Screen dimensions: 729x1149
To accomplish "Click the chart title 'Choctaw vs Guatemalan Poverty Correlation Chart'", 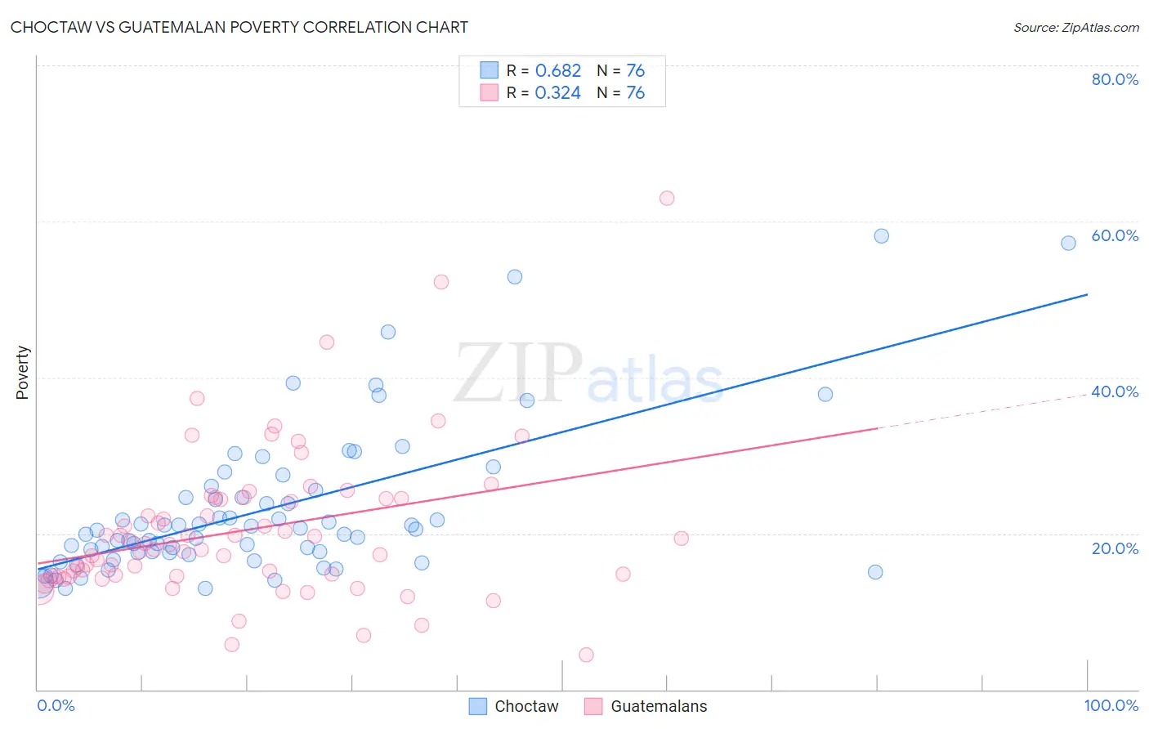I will click(239, 27).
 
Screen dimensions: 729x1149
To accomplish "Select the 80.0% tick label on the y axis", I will click(1115, 79).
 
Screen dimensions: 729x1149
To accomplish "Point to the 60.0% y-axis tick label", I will click(1115, 235).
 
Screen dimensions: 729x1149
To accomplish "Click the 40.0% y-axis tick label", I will click(1115, 391).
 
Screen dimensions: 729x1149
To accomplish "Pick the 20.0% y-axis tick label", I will click(1115, 548).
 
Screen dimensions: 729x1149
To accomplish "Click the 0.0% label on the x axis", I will click(56, 705).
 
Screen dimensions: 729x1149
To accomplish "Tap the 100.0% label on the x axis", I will click(1111, 705).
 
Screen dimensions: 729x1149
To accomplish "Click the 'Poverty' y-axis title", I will click(22, 373).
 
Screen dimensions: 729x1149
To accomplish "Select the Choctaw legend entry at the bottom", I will click(514, 706).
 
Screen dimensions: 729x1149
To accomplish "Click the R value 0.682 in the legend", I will click(558, 71).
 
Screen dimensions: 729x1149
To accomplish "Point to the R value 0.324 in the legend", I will click(558, 93).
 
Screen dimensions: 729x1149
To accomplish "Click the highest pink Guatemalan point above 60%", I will click(667, 198).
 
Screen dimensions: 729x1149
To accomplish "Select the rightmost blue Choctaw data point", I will click(1068, 243).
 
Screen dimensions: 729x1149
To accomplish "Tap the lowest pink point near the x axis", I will click(586, 655).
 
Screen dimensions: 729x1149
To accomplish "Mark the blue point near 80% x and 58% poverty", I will click(881, 236).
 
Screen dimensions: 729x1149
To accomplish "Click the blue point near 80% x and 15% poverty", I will click(875, 572).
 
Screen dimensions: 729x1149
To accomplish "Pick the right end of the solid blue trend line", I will click(1087, 294).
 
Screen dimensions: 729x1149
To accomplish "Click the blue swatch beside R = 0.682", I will click(489, 70).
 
